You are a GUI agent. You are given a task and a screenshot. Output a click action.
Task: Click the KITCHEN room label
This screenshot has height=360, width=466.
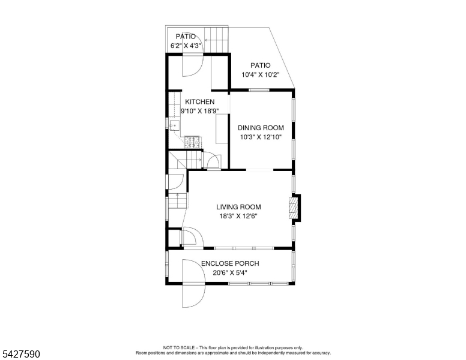tap(200, 102)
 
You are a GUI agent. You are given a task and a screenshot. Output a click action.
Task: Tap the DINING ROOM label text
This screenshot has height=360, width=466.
tap(261, 128)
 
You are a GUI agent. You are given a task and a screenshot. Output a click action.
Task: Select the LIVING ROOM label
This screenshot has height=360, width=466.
tap(238, 207)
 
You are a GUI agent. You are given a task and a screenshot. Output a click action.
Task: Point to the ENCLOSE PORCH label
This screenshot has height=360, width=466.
tap(230, 263)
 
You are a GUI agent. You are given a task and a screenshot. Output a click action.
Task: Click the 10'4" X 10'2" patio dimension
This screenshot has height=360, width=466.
tap(261, 74)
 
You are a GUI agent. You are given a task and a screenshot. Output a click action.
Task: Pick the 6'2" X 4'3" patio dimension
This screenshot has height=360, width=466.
tap(186, 46)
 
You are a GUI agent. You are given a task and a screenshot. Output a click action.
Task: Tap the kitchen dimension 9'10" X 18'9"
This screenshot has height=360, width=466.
tap(200, 111)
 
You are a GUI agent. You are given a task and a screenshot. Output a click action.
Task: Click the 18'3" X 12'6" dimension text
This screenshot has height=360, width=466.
tap(238, 216)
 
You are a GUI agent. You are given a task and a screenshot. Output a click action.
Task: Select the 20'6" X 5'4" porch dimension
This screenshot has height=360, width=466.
tap(230, 272)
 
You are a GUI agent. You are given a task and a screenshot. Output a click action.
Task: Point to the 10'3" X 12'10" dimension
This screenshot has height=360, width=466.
tap(261, 137)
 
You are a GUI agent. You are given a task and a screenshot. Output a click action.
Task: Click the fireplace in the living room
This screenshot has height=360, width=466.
tap(293, 208)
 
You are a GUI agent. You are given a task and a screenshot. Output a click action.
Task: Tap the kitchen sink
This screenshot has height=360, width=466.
tap(175, 125)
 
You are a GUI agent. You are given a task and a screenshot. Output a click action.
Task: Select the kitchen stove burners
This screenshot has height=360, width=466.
tap(192, 142)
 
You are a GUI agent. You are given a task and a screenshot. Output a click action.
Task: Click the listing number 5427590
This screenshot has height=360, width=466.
tap(21, 354)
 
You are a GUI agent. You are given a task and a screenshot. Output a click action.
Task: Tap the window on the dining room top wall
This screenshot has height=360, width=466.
tap(259, 90)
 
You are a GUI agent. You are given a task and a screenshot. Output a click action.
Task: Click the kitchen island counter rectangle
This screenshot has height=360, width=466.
tap(222, 129)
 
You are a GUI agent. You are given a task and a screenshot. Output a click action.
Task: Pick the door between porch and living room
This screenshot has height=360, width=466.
tap(193, 237)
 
